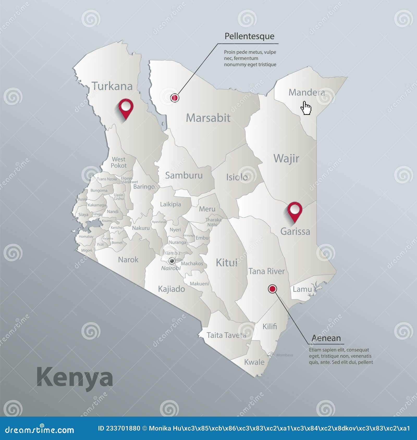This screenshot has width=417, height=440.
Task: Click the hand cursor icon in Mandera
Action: tap(306, 108)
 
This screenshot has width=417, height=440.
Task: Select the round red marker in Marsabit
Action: tap(175, 98)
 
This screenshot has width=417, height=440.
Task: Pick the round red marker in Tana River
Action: tap(272, 289)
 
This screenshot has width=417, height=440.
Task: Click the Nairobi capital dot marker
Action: tap(172, 261)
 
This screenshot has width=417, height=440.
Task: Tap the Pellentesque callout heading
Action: tap(249, 36)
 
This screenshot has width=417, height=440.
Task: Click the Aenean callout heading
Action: tap(326, 338)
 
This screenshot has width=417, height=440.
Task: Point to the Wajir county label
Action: tap(286, 158)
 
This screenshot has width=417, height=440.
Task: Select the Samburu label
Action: tap(184, 175)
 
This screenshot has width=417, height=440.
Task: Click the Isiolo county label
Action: tap(237, 177)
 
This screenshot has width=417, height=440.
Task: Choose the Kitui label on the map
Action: tap(226, 263)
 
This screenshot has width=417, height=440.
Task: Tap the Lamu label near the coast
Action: tap(302, 289)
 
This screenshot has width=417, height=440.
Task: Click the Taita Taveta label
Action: tap(226, 335)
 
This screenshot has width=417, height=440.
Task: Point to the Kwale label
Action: tap(254, 362)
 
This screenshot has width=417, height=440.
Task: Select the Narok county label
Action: tap(128, 260)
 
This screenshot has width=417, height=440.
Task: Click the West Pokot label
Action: tap(119, 162)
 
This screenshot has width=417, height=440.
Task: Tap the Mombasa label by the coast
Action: tap(284, 355)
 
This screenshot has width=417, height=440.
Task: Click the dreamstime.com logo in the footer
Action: tap(39, 430)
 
